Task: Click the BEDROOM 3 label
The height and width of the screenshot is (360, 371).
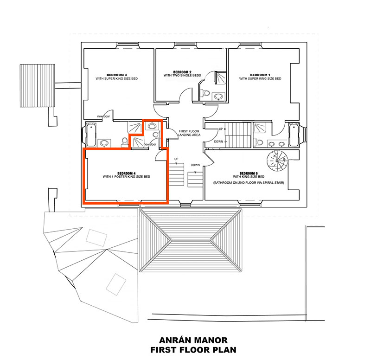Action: point(116,75)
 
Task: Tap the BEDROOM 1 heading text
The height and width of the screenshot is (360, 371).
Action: point(260,75)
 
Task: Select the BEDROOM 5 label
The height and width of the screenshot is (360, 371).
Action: point(249,173)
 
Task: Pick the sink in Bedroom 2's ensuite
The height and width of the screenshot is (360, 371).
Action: point(218,96)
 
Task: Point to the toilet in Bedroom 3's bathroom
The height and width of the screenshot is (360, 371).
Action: point(124,141)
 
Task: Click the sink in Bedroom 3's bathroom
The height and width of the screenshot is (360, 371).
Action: point(105,143)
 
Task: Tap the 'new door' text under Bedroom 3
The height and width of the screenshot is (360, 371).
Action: point(104,116)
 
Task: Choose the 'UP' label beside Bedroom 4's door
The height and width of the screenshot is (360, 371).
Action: point(176,159)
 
